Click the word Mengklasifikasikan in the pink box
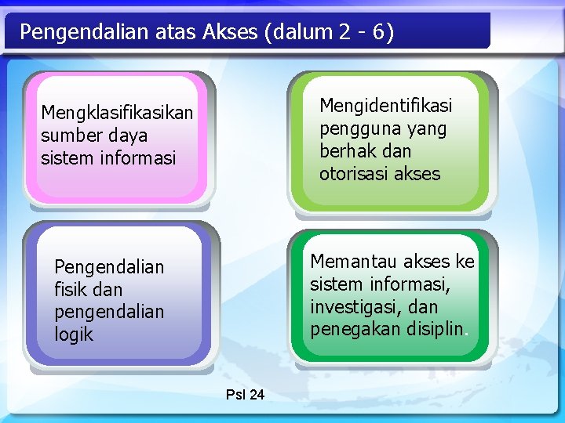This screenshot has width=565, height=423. [117, 114]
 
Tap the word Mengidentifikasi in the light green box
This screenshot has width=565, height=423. [386, 106]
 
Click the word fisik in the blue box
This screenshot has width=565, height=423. [71, 290]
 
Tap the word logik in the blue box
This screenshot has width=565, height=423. [74, 334]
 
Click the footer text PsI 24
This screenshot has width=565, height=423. [245, 395]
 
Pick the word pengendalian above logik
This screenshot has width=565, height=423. [109, 313]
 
